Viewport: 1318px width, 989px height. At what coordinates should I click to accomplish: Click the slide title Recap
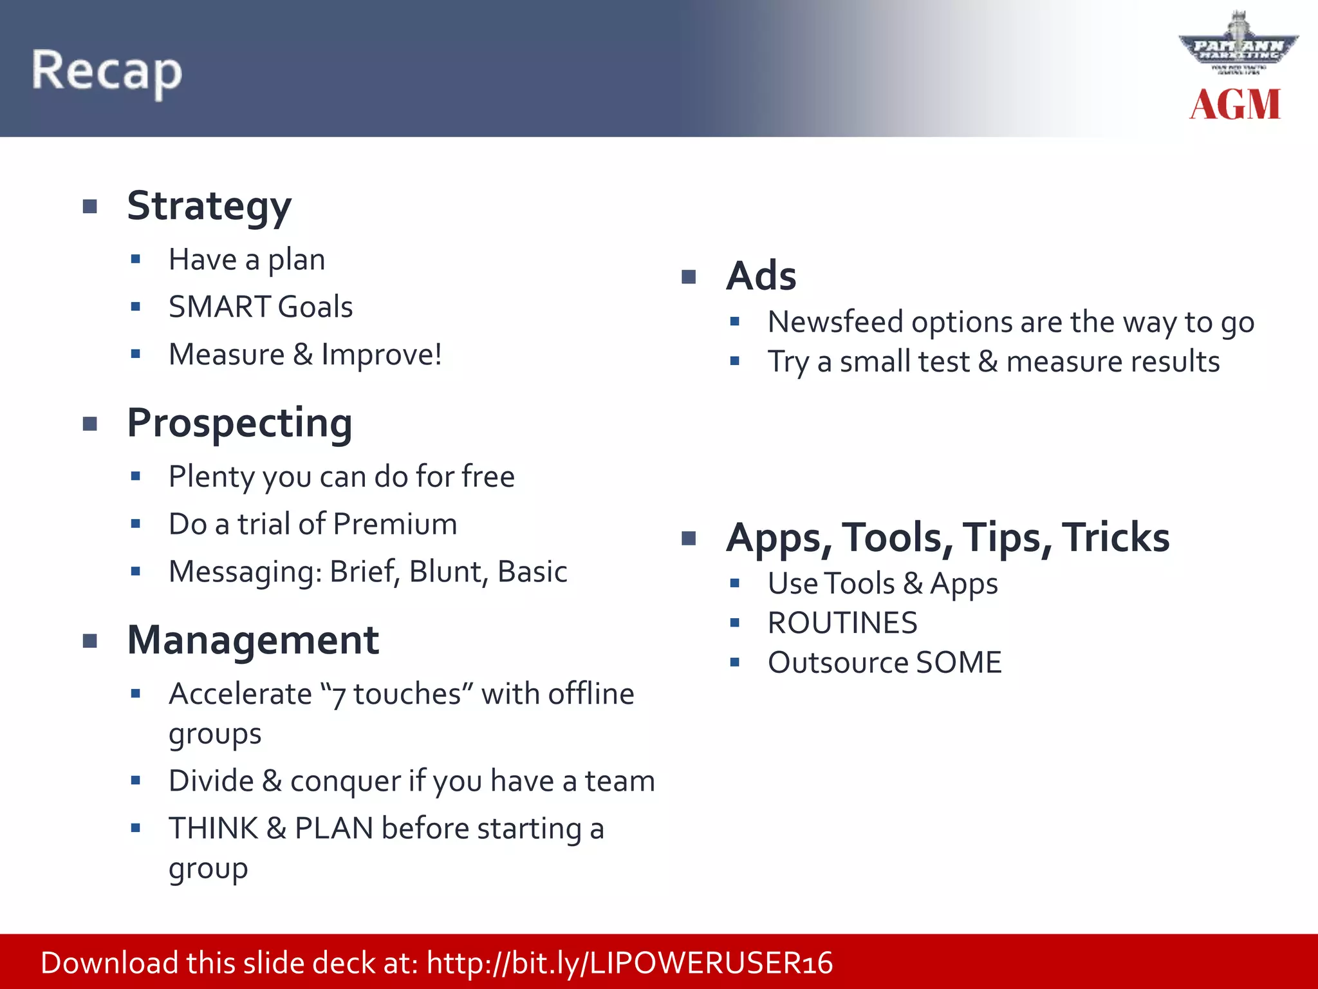[x=107, y=71]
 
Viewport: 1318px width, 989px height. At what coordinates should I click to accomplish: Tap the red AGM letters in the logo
[x=1234, y=105]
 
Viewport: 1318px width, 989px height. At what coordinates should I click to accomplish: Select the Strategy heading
[x=209, y=207]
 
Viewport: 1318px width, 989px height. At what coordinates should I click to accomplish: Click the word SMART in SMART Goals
[x=219, y=307]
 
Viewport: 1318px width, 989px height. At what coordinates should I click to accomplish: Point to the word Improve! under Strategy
[x=382, y=355]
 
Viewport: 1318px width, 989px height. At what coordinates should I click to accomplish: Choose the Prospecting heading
[x=239, y=424]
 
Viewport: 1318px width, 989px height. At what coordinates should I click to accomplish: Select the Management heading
[x=253, y=641]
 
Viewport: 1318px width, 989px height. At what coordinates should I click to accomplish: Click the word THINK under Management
[x=213, y=829]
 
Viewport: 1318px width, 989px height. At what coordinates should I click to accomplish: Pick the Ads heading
[x=761, y=276]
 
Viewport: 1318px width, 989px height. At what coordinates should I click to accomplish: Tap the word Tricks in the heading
[x=1115, y=538]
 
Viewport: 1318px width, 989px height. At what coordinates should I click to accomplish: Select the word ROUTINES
[x=842, y=623]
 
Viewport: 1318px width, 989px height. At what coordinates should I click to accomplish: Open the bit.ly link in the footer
[x=629, y=963]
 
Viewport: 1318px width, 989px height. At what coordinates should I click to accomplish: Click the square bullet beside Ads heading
[x=689, y=277]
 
